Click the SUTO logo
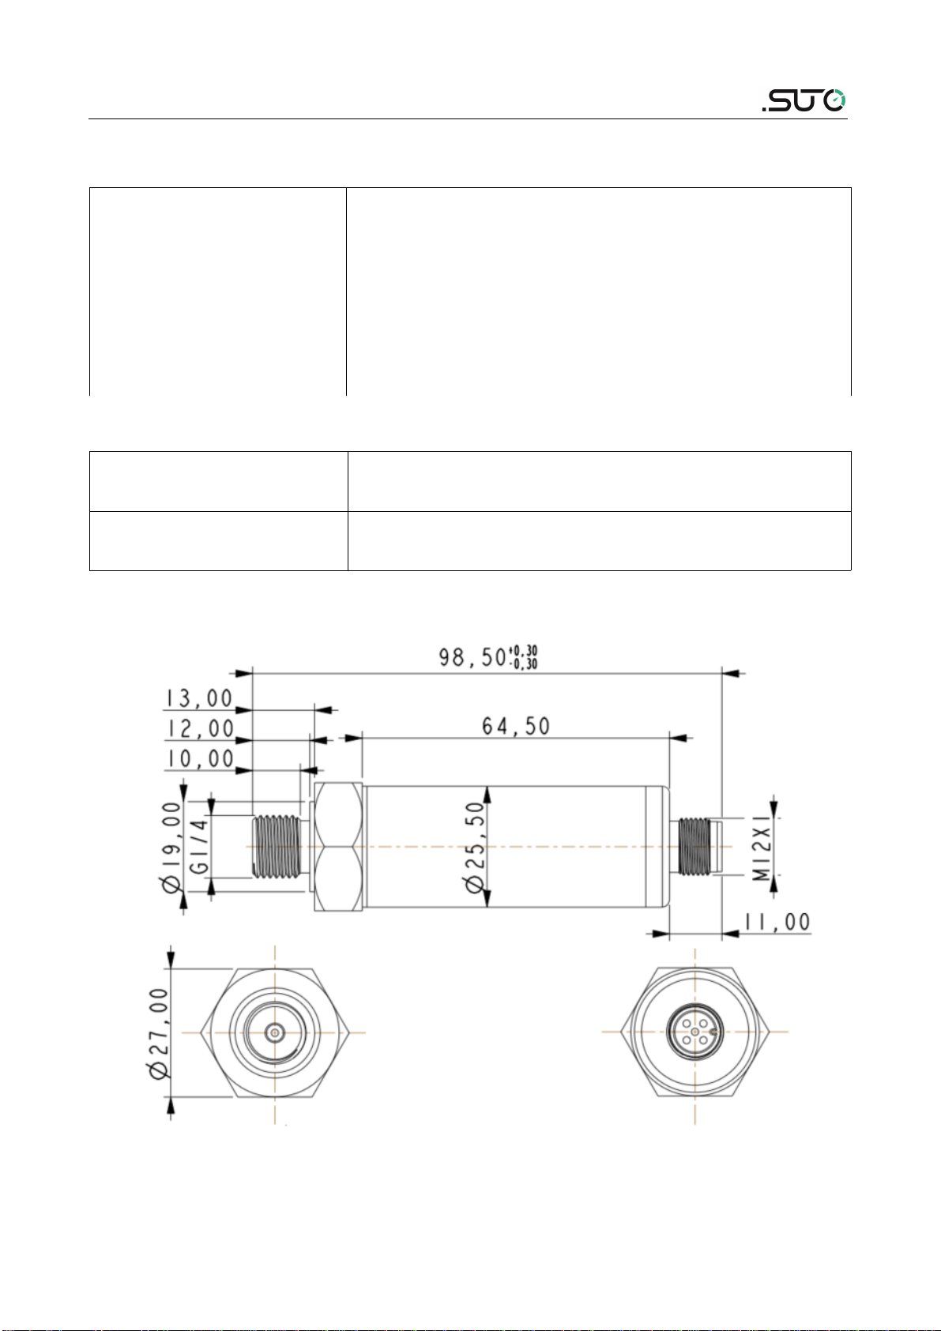(x=804, y=100)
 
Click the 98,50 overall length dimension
(x=473, y=657)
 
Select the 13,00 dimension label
(x=199, y=698)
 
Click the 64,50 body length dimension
(x=516, y=726)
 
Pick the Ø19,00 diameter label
(x=171, y=847)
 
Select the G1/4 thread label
(x=200, y=846)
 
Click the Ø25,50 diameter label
(x=475, y=847)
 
